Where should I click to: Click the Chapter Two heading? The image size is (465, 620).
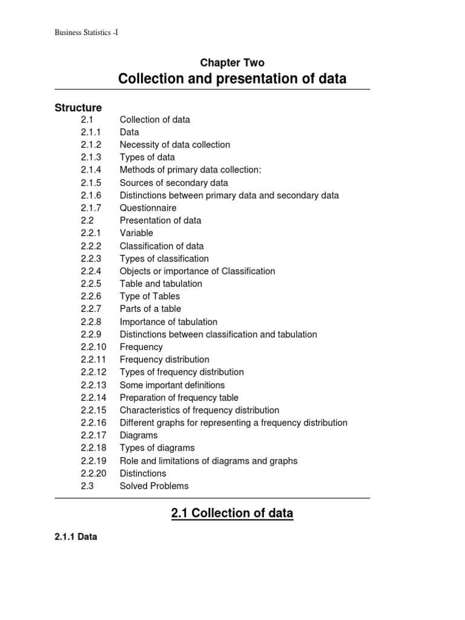pos(232,62)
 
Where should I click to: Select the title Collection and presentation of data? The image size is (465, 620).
pos(232,79)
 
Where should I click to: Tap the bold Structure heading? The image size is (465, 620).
pos(78,107)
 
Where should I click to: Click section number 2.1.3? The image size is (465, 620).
pos(91,157)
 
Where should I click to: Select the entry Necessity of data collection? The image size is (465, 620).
pos(174,145)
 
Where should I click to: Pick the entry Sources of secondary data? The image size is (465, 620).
pos(174,183)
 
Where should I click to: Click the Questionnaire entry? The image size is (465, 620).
pos(148,208)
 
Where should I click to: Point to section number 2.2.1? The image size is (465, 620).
pos(91,233)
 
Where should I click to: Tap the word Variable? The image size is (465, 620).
pos(136,233)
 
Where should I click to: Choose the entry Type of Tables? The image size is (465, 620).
pos(150,296)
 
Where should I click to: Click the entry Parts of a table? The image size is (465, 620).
pos(150,309)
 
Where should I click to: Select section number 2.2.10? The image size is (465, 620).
pos(93,347)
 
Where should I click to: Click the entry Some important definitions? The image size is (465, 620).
pos(172,385)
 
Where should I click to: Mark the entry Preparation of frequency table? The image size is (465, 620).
pos(179,398)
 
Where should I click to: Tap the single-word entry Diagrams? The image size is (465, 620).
pos(138,435)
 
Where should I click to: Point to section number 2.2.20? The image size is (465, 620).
pos(93,473)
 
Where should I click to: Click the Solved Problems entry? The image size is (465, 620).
pos(154,486)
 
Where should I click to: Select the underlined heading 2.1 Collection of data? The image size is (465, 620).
pos(232,513)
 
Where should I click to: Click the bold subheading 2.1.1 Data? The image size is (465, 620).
pos(76,536)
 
